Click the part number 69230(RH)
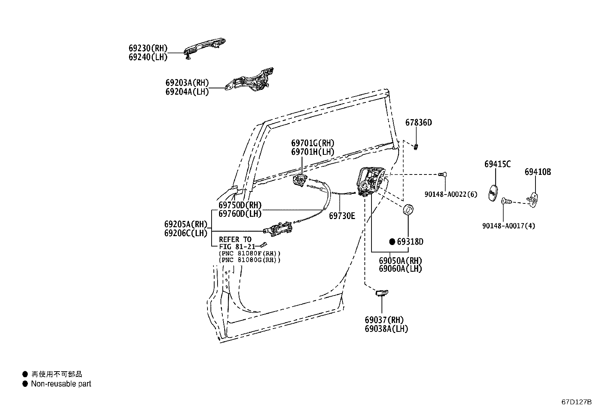(x=148, y=48)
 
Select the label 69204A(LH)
(x=187, y=92)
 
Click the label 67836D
(x=418, y=123)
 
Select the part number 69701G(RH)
(x=312, y=143)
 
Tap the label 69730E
(x=342, y=216)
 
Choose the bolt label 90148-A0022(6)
(x=451, y=194)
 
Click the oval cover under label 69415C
(x=493, y=193)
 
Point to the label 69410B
(x=538, y=172)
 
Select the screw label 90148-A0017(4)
(x=509, y=226)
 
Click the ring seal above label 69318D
(x=409, y=209)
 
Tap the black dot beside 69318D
(x=392, y=242)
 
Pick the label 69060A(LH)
(x=400, y=269)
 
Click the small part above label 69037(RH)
(x=382, y=293)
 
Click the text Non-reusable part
(x=61, y=384)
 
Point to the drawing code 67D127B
(x=576, y=402)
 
